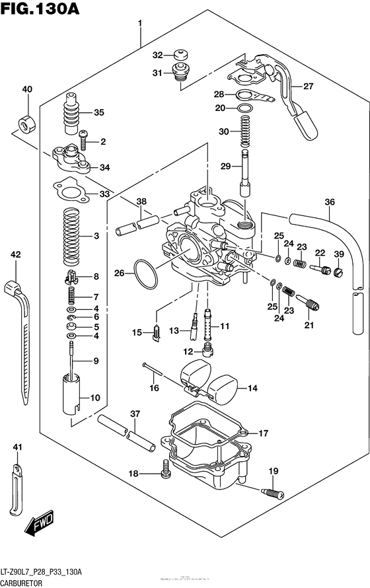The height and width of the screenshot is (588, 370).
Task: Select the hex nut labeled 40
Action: [26, 123]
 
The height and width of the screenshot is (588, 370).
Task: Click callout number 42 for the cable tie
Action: [16, 254]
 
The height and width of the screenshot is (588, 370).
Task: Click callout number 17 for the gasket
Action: [263, 433]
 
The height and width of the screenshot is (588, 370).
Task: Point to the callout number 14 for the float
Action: [251, 388]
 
